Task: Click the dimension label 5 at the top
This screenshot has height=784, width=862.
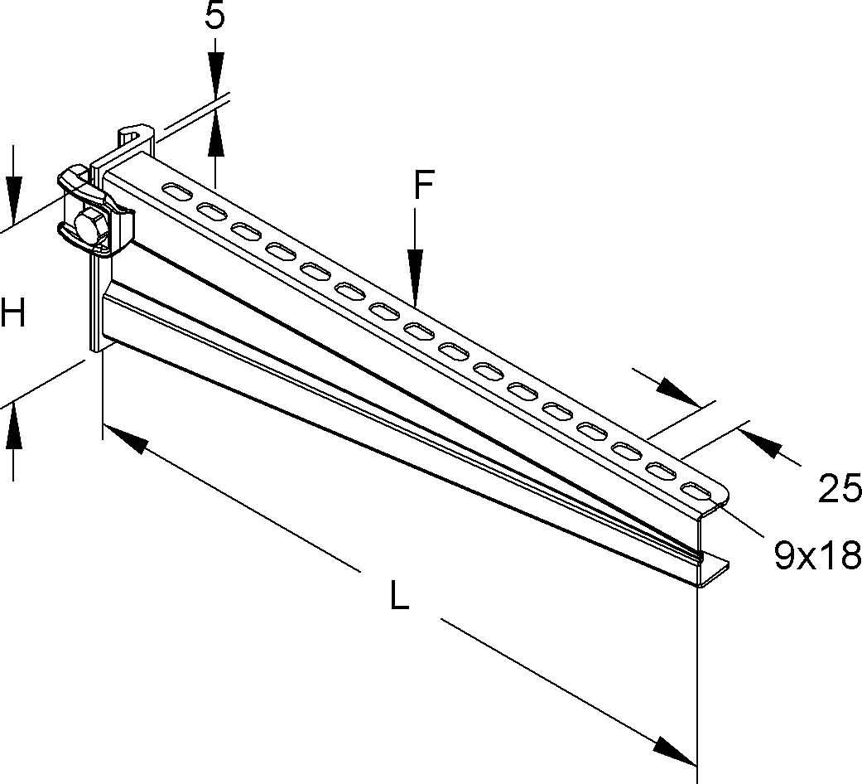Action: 215,17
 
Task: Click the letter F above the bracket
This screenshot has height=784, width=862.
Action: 424,187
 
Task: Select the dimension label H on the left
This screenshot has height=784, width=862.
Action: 13,314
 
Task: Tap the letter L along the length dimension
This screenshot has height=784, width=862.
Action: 400,597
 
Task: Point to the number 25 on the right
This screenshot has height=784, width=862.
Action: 840,490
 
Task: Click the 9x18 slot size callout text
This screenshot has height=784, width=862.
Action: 816,556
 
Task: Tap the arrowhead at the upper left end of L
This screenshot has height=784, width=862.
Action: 124,439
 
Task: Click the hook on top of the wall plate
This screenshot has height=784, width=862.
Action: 137,134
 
